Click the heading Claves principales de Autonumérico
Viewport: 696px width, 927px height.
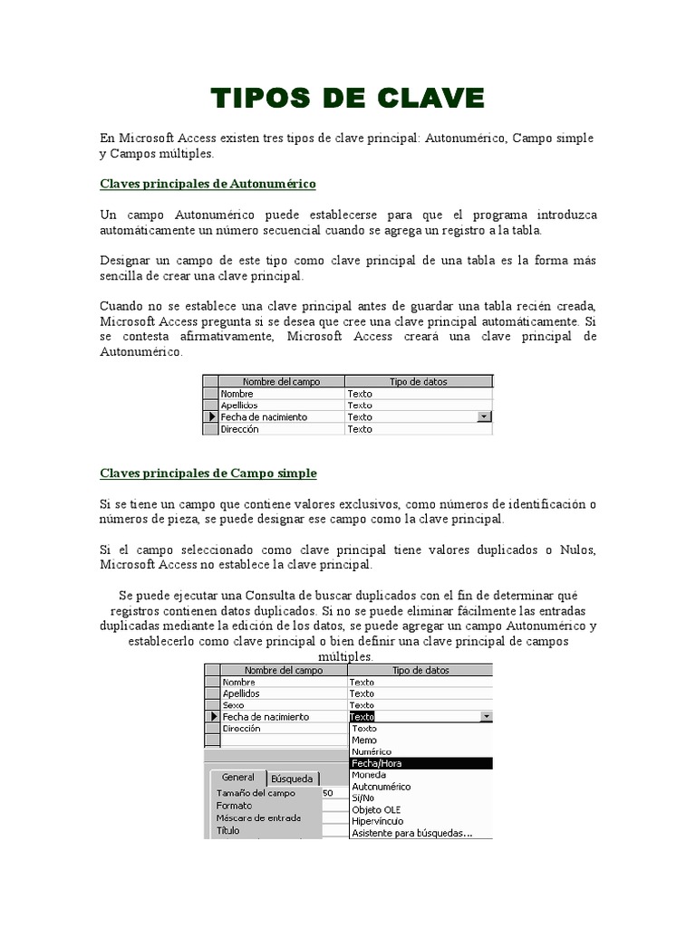pyautogui.click(x=207, y=184)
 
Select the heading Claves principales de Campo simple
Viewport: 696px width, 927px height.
pyautogui.click(x=208, y=473)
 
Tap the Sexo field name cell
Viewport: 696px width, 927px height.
pyautogui.click(x=234, y=704)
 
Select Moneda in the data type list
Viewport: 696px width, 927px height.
pyautogui.click(x=368, y=775)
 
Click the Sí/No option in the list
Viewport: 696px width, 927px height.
pyautogui.click(x=363, y=798)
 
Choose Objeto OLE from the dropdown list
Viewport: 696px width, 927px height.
pyautogui.click(x=375, y=809)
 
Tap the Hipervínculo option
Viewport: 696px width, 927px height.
pyautogui.click(x=377, y=821)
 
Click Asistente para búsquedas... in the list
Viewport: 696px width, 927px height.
pyautogui.click(x=411, y=833)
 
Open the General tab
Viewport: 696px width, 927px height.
pyautogui.click(x=237, y=778)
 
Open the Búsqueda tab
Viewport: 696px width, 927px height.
pyautogui.click(x=292, y=779)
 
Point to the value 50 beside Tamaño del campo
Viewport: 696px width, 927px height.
pyautogui.click(x=327, y=793)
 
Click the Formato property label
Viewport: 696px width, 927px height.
pyautogui.click(x=234, y=805)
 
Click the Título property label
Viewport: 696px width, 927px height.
pyautogui.click(x=228, y=830)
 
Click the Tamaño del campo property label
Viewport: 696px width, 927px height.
pyautogui.click(x=256, y=793)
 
